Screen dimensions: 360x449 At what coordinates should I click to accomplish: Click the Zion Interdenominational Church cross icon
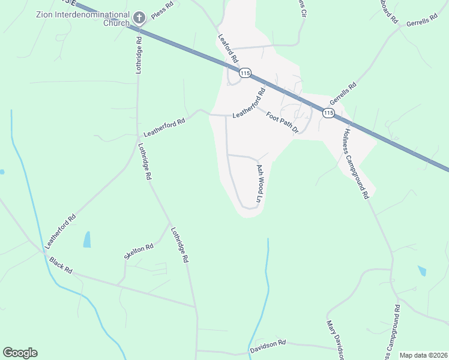pyautogui.click(x=139, y=17)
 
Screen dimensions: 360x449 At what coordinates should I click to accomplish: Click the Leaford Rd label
pyautogui.click(x=228, y=49)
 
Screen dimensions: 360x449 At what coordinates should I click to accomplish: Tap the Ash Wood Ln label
pyautogui.click(x=260, y=184)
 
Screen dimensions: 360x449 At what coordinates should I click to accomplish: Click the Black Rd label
pyautogui.click(x=61, y=266)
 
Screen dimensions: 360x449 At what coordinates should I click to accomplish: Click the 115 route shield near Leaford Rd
pyautogui.click(x=244, y=73)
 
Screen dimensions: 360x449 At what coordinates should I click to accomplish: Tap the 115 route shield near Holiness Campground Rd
pyautogui.click(x=328, y=113)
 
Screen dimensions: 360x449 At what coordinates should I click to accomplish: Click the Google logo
pyautogui.click(x=20, y=353)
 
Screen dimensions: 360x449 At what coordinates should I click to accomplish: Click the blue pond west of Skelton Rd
pyautogui.click(x=88, y=239)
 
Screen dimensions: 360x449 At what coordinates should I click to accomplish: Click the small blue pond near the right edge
pyautogui.click(x=422, y=271)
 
